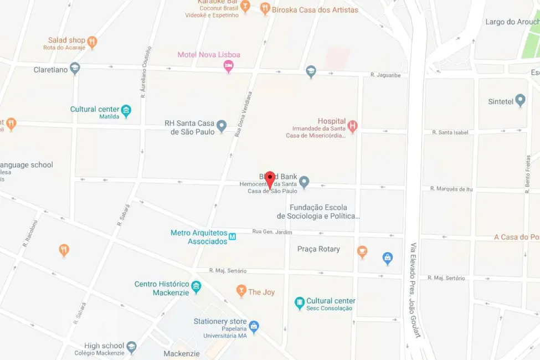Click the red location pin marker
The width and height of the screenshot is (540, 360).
pos(270,179)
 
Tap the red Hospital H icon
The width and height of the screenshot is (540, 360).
pos(352,126)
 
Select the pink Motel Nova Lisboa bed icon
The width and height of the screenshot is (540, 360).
pos(228,66)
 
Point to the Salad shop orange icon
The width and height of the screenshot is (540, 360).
pos(92,42)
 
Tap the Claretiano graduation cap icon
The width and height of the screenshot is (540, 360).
pos(75,68)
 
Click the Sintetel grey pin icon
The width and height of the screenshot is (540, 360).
pos(520,100)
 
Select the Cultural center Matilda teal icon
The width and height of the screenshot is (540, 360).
pos(126,110)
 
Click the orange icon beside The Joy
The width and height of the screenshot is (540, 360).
pos(241,290)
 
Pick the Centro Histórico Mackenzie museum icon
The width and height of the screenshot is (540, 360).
pos(196,287)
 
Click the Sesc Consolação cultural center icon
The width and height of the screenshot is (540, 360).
pos(300,303)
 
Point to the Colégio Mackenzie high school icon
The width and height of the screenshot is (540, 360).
pos(131,347)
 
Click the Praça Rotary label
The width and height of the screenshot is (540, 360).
pos(318,249)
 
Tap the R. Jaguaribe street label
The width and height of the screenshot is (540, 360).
pos(385,75)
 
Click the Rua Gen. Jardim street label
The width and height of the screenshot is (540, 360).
pos(272,232)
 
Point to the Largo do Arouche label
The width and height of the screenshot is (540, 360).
pos(512,22)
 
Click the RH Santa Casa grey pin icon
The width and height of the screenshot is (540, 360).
pos(222,126)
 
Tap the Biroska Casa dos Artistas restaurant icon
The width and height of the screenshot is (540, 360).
pos(265,8)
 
